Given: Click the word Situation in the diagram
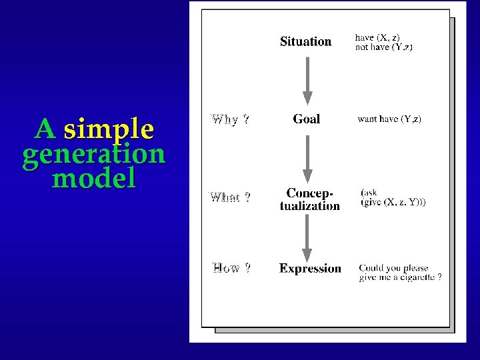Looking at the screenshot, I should (x=305, y=41).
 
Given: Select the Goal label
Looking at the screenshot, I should (x=306, y=119).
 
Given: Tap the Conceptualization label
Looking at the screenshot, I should (x=309, y=199).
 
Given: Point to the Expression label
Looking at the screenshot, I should (x=310, y=269).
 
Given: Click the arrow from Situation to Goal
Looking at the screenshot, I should (x=307, y=80).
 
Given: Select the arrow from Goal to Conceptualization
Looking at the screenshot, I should (x=307, y=159).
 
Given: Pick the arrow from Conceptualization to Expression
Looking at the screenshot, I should (x=307, y=237).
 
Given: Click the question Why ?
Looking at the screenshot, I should (x=230, y=120).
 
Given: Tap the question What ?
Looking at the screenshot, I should (x=230, y=197).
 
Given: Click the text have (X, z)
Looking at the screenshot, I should (x=377, y=37).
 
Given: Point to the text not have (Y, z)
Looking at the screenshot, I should (x=383, y=47).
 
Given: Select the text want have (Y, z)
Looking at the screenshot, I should (x=389, y=119).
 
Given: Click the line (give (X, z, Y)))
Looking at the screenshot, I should (x=393, y=202).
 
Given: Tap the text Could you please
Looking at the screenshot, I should (x=393, y=268).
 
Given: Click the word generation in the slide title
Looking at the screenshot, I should (x=93, y=154).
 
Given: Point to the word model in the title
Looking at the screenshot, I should (x=93, y=179).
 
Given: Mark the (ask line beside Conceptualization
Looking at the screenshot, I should (x=369, y=193).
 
